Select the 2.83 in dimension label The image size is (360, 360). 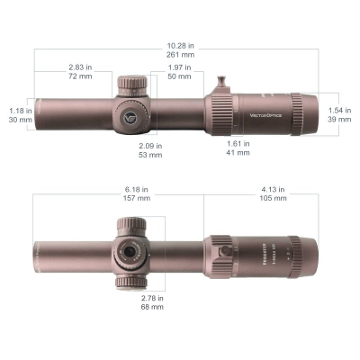click(x=81, y=67)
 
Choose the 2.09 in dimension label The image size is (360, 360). click(x=150, y=145)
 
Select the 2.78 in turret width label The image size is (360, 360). click(x=151, y=297)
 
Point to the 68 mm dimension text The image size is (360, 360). click(x=151, y=308)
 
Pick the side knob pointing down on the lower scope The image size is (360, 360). click(x=126, y=282)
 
